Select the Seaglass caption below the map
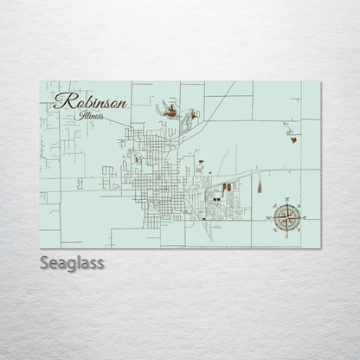click(x=72, y=261)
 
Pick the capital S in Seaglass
click(x=45, y=261)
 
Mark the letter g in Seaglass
click(x=71, y=263)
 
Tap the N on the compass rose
click(x=285, y=201)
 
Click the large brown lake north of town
click(x=171, y=111)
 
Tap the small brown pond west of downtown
click(x=135, y=158)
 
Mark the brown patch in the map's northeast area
click(x=295, y=138)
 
